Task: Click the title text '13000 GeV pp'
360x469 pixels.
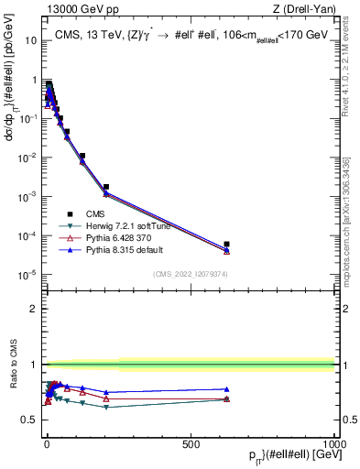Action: [x=71, y=9]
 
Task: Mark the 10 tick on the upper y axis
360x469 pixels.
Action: [x=29, y=40]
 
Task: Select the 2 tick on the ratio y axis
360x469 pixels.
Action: [x=34, y=308]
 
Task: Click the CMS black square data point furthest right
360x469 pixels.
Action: [x=226, y=245]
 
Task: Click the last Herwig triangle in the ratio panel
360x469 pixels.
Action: [x=226, y=399]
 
